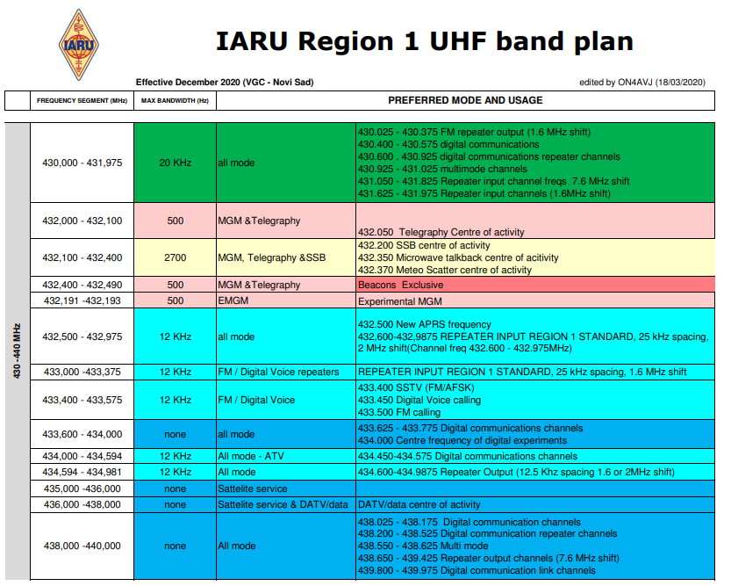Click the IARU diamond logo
(79, 45)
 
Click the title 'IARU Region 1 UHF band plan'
(424, 41)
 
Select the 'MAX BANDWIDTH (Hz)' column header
(175, 101)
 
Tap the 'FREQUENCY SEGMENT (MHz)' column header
(82, 101)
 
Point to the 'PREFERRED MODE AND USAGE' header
(465, 100)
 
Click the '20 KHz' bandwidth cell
(176, 163)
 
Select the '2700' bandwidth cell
(176, 257)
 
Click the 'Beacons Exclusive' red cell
(535, 285)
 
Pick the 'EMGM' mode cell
(286, 300)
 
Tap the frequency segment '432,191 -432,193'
(82, 300)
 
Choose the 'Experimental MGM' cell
(535, 301)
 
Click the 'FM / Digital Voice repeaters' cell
(286, 372)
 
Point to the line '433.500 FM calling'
(399, 412)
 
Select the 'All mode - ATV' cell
(286, 456)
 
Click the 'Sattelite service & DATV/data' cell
(286, 504)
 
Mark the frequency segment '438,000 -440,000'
(82, 546)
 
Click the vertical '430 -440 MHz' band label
(18, 351)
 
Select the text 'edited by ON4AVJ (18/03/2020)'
(642, 83)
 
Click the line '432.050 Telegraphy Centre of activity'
(441, 232)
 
